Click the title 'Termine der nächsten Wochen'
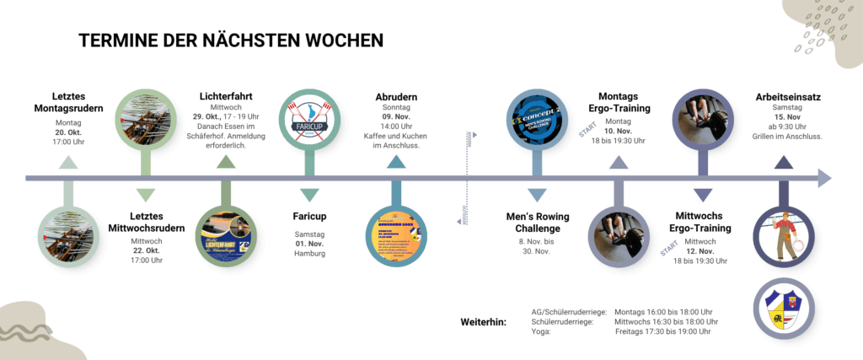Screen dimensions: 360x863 231,41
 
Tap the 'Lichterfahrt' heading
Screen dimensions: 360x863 226,96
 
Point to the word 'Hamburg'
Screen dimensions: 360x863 309,254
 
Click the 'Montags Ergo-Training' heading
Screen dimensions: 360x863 619,102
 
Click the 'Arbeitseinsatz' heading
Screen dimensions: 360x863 788,97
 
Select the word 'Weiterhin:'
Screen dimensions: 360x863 484,322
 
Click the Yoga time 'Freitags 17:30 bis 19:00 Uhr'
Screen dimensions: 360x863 663,332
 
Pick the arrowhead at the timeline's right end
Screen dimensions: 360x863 823,178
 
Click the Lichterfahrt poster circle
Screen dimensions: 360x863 226,236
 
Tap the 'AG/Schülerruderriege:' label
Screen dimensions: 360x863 569,311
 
